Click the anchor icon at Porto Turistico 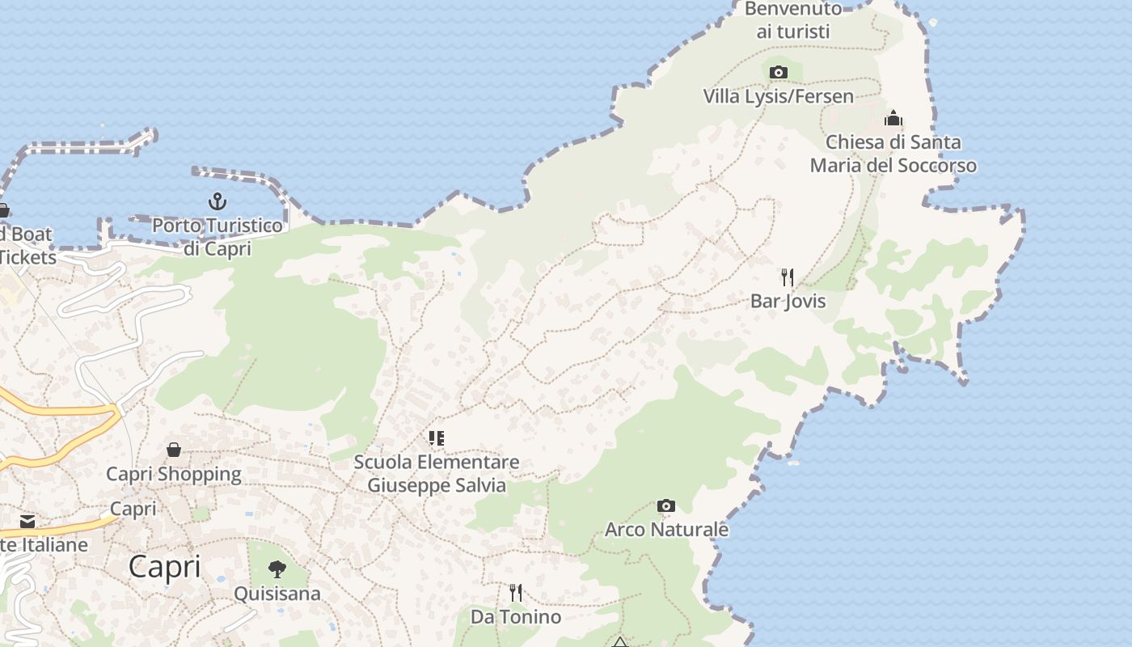pos(217,201)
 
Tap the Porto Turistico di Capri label pos(218,236)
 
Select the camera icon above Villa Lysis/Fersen pos(779,72)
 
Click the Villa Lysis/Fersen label pos(778,96)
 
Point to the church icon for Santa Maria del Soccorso pos(893,118)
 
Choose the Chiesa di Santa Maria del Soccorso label pos(893,154)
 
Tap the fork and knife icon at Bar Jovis pos(788,277)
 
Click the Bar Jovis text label pos(788,301)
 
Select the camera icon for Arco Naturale pos(665,506)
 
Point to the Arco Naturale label pos(666,530)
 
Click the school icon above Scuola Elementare pos(437,438)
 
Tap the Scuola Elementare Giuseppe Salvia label pos(437,474)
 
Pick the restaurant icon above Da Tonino pos(516,593)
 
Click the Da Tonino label pos(516,617)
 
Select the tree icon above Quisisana pos(277,569)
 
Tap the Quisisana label pos(277,594)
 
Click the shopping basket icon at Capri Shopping pos(174,450)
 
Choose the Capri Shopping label pos(174,474)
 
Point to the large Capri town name pos(165,566)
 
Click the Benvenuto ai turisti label pos(793,20)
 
